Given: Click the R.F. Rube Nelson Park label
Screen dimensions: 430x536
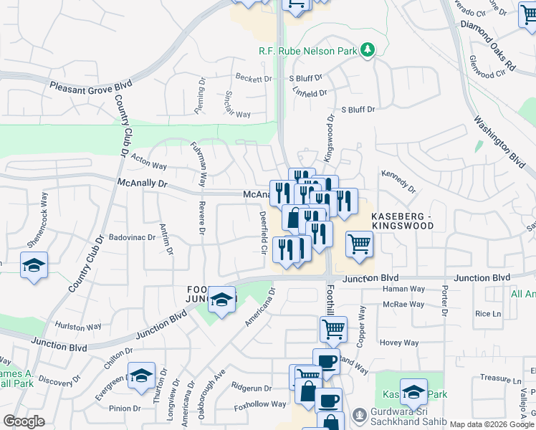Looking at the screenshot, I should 308,51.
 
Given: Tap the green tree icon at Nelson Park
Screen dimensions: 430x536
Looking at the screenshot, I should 368,49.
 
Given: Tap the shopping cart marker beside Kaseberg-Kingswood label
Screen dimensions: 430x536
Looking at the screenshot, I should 359,244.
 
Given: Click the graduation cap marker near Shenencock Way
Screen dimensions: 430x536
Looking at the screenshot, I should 34,265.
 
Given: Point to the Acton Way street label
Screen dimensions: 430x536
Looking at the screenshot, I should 149,166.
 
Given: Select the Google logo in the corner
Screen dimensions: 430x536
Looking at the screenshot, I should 24,421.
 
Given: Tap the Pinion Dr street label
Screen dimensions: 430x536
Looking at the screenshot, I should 125,408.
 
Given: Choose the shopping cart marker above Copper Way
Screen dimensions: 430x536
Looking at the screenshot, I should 333,330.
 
